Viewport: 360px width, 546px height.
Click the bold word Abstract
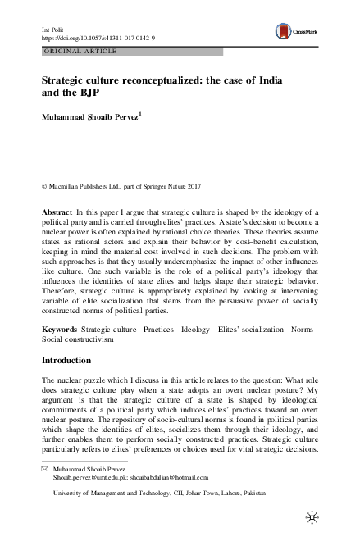click(x=57, y=212)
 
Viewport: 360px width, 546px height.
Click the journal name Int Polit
click(x=53, y=30)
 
